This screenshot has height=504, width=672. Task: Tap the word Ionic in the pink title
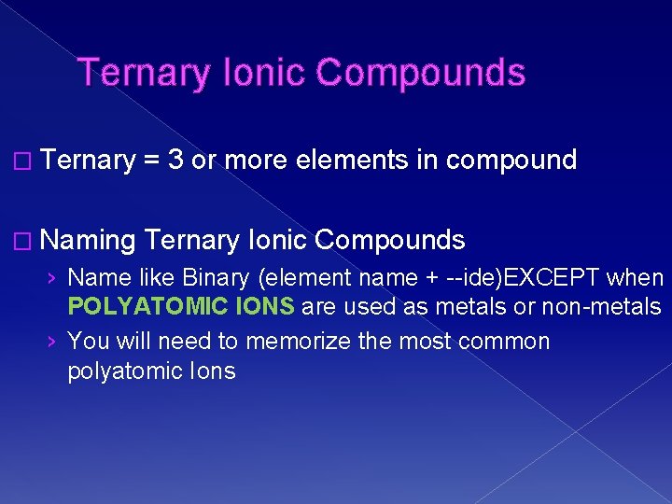(258, 73)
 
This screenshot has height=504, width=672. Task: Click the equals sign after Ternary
(150, 161)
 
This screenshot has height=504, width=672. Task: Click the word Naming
(90, 241)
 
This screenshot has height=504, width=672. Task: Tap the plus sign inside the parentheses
(431, 278)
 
